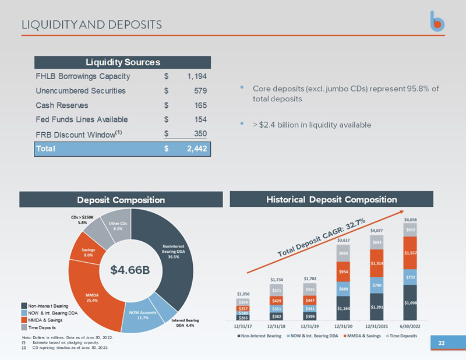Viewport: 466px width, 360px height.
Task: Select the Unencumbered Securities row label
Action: pos(80,91)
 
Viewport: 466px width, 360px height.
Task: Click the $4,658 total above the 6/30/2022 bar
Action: pos(410,219)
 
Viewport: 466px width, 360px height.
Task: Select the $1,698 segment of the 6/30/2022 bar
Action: pos(410,303)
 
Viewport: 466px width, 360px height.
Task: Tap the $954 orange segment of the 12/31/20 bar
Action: pos(343,272)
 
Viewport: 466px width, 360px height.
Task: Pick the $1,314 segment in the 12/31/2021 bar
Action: pos(377,263)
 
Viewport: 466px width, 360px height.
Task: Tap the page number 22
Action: pos(441,344)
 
